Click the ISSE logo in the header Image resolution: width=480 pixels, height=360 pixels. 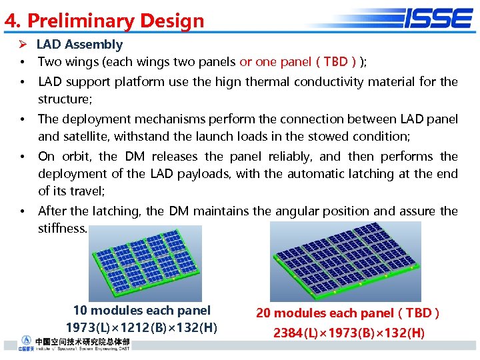point(438,18)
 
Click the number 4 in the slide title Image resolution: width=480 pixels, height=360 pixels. point(10,21)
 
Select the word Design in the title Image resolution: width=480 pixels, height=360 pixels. point(172,21)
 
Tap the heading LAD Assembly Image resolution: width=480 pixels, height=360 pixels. point(79,45)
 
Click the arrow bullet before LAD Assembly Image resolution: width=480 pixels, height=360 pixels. point(23,45)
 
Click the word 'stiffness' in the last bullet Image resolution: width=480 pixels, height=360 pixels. point(62,229)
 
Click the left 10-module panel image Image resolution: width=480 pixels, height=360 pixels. point(145,263)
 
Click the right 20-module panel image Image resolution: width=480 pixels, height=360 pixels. point(345,261)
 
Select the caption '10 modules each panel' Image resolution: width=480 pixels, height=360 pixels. point(141,311)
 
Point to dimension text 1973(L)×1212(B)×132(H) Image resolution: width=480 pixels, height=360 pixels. point(141,327)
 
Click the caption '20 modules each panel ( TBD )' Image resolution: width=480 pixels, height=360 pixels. point(348,313)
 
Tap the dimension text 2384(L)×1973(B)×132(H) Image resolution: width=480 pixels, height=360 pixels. point(348,333)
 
